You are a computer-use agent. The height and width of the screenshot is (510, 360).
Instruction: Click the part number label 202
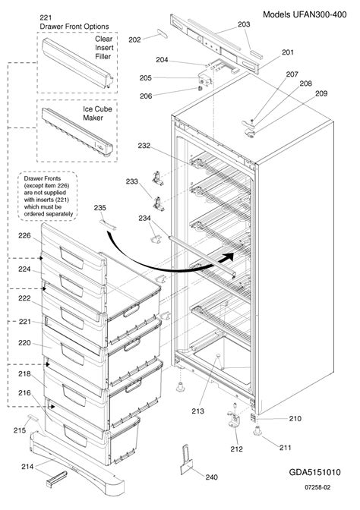click(134, 39)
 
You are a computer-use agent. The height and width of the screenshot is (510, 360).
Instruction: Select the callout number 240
click(210, 477)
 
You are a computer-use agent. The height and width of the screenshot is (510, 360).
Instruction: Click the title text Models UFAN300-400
click(308, 14)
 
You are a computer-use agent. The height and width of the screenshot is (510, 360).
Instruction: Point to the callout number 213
click(198, 412)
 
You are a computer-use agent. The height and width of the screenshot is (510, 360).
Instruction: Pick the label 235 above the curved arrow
click(99, 207)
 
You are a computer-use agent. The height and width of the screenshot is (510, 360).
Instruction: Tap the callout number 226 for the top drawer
click(24, 236)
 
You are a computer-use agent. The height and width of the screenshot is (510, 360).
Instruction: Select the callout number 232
click(144, 145)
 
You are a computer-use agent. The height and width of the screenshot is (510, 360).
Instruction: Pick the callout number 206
click(146, 96)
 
